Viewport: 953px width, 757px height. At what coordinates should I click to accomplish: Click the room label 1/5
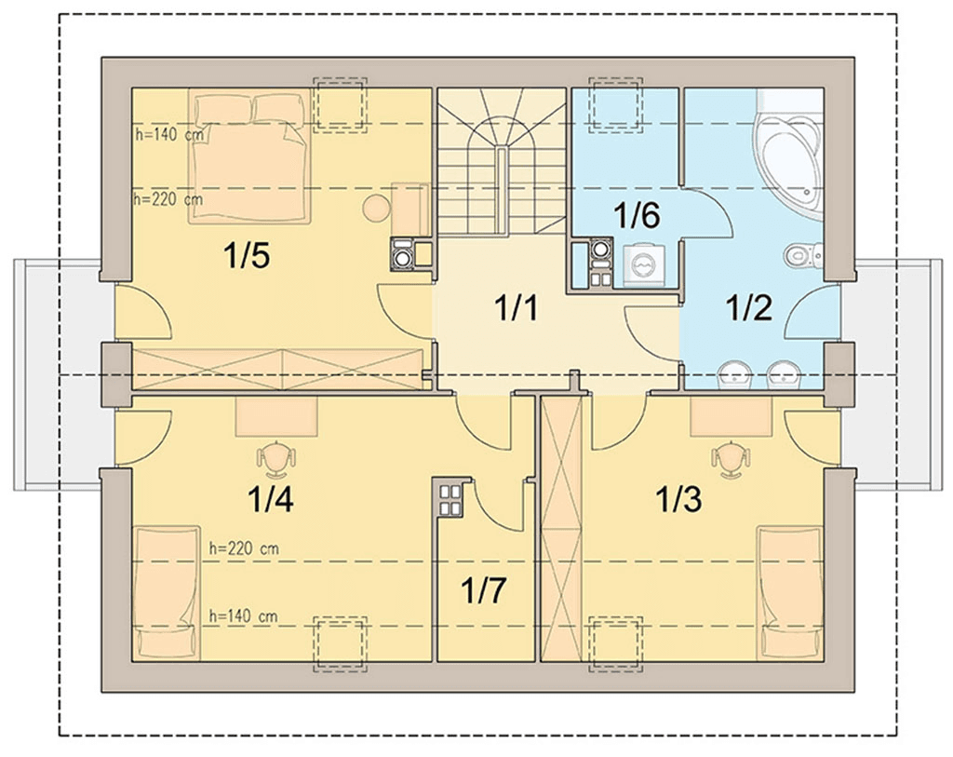pos(247,255)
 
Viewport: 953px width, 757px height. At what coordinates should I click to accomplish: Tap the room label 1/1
pos(516,307)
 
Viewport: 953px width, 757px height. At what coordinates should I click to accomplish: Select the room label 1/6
pos(637,215)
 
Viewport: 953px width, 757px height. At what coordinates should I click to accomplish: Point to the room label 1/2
pos(749,307)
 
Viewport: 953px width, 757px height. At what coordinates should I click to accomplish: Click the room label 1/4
pos(270,499)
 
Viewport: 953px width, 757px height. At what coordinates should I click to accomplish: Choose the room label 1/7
pos(483,589)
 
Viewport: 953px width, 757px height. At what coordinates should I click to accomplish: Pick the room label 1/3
pos(678,499)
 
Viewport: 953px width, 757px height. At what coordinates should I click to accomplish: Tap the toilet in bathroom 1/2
pos(803,255)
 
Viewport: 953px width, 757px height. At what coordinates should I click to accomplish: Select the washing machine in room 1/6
pos(643,265)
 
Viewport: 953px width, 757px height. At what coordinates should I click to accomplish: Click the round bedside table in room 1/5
pos(376,209)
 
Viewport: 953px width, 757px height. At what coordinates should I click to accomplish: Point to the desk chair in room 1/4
pos(276,458)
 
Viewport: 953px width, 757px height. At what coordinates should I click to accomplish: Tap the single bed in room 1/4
pos(167,593)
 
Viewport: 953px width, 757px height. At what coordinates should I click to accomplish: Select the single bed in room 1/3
pos(790,593)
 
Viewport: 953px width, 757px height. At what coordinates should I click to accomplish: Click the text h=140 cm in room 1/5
pos(169,134)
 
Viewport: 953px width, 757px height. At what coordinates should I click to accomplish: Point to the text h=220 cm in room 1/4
pos(244,548)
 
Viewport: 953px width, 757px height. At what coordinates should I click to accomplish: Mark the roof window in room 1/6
pos(615,104)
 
